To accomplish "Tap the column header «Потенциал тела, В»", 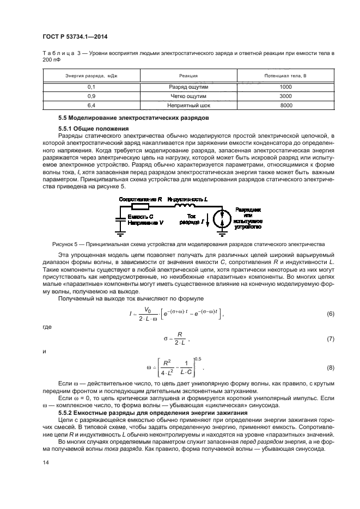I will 286,76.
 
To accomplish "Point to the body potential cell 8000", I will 286,105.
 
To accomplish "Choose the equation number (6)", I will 330,314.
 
